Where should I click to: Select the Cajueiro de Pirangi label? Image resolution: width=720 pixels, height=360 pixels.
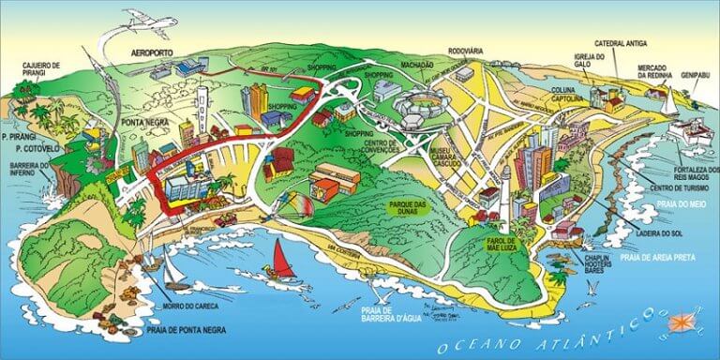(41, 69)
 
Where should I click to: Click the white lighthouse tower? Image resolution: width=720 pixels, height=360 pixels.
(502, 190)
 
